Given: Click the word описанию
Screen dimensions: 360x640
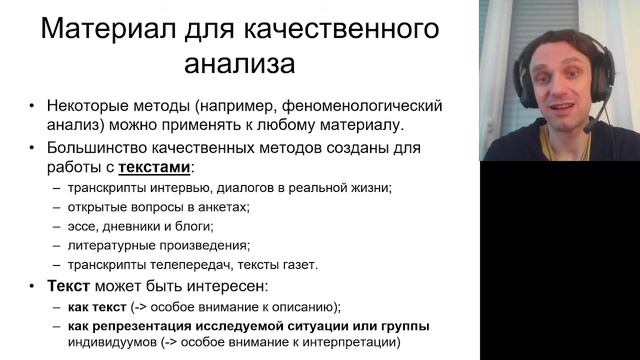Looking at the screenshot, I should [304, 306].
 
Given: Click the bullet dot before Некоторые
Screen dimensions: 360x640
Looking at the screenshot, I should [32, 105].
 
